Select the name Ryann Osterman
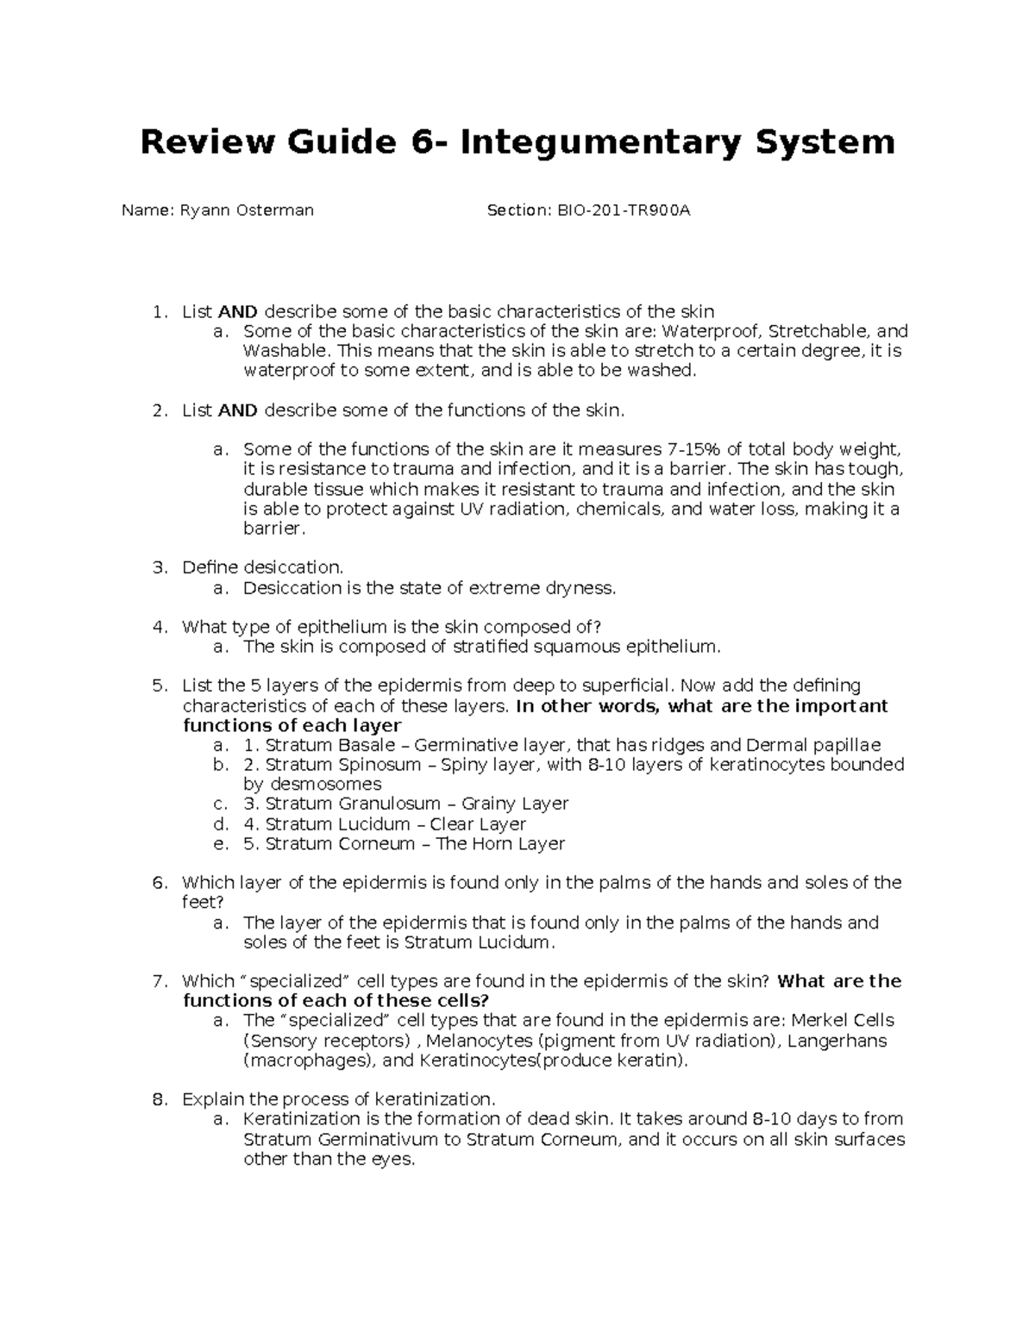247,210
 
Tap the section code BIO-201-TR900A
620,210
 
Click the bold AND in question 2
238,410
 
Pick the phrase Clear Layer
478,824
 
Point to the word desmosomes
325,785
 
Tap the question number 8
158,1099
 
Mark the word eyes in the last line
396,1160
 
